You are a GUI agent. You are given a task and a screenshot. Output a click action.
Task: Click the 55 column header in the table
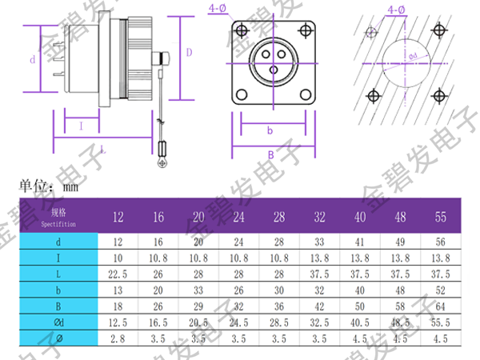(441, 217)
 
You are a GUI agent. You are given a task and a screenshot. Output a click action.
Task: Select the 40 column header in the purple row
(360, 217)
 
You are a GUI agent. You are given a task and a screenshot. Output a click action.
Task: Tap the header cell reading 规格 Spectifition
(58, 217)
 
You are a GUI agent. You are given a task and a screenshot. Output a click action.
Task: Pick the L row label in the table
(58, 273)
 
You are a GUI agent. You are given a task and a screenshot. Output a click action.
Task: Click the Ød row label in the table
(58, 322)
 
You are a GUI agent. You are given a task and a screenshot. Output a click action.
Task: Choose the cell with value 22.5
(118, 273)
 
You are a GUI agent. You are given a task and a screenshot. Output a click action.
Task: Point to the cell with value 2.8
(118, 339)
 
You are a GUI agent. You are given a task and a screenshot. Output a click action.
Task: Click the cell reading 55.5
(441, 322)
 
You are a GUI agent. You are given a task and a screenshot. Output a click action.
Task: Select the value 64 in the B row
(441, 306)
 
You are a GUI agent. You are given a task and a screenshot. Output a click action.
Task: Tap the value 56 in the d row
(441, 240)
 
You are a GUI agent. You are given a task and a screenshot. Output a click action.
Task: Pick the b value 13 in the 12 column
(118, 290)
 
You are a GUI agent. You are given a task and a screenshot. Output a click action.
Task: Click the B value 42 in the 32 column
(320, 306)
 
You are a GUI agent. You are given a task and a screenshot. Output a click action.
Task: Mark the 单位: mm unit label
(48, 186)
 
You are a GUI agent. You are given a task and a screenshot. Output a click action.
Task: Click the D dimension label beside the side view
(190, 52)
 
